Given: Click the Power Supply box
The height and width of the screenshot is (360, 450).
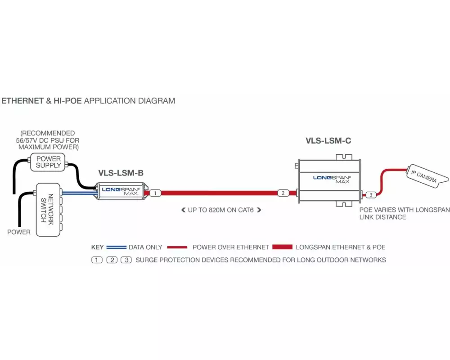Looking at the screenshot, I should pyautogui.click(x=49, y=162).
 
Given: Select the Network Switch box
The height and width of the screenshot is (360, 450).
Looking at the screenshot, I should pyautogui.click(x=47, y=210).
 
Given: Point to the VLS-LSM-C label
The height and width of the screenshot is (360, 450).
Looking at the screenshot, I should pyautogui.click(x=328, y=141).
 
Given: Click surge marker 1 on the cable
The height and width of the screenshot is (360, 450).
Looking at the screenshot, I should pyautogui.click(x=155, y=193).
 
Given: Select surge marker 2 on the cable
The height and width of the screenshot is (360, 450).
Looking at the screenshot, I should pyautogui.click(x=283, y=193).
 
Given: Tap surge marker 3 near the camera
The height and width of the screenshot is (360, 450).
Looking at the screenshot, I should pyautogui.click(x=370, y=195).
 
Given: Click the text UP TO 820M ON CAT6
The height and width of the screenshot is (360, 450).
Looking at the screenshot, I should pyautogui.click(x=220, y=210).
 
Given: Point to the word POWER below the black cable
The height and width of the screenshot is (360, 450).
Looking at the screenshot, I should pyautogui.click(x=19, y=232).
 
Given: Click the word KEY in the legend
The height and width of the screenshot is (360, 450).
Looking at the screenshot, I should pyautogui.click(x=98, y=247).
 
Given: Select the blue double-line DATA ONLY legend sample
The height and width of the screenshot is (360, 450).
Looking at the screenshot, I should pyautogui.click(x=116, y=247).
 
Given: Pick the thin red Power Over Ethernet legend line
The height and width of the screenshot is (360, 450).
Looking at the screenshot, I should pyautogui.click(x=177, y=247).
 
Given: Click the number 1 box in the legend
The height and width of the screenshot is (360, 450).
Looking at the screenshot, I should pyautogui.click(x=97, y=260).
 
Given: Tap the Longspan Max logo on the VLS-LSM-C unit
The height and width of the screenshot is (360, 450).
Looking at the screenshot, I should pyautogui.click(x=332, y=179).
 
